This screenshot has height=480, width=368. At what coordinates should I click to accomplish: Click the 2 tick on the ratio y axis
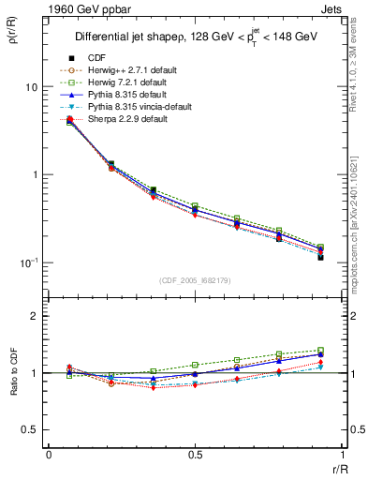32,317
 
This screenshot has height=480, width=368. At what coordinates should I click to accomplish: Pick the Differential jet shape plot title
195,38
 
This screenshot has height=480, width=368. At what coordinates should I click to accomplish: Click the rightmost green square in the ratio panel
320,351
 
